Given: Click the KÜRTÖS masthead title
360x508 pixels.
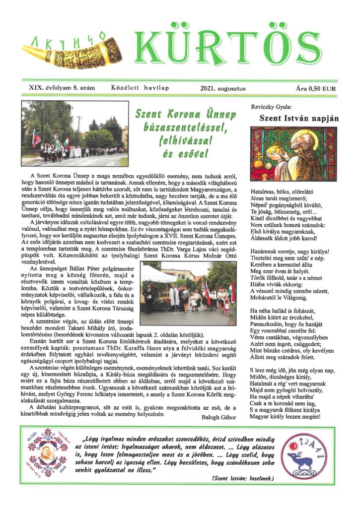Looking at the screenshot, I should pyautogui.click(x=234, y=48).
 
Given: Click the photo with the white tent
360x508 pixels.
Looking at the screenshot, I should pyautogui.click(x=188, y=293).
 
